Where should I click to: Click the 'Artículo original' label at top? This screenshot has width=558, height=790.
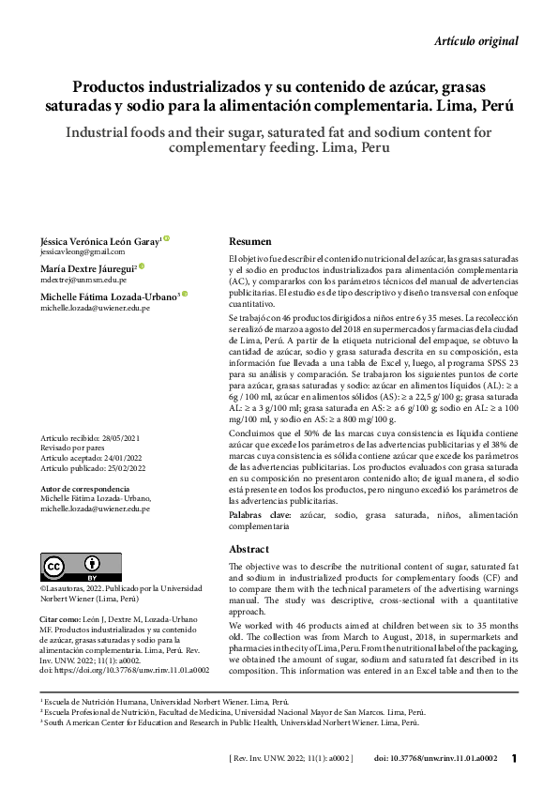(476, 40)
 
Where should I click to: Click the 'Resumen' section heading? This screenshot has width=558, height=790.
(250, 241)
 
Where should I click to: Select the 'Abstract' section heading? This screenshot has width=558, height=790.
(249, 549)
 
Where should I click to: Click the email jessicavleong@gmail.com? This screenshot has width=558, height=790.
(82, 252)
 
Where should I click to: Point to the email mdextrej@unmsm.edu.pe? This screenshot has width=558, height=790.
(83, 280)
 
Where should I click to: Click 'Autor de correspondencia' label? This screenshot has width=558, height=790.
(85, 490)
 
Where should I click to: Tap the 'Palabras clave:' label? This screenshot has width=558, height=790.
(259, 516)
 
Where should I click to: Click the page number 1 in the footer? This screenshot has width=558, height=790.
(514, 758)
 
